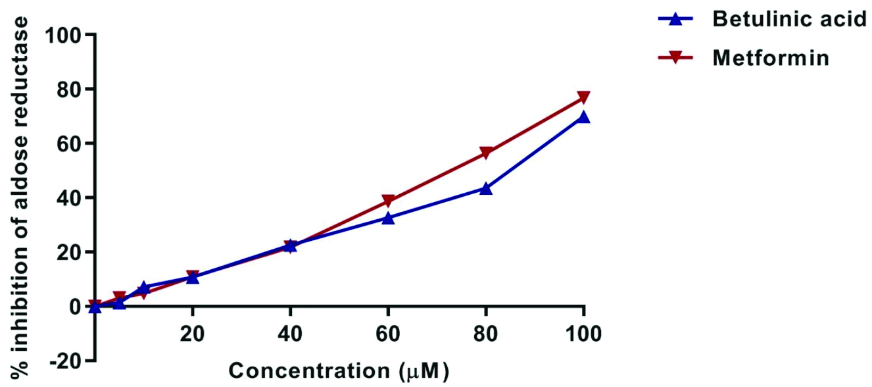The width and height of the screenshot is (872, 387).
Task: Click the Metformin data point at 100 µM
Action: (583, 98)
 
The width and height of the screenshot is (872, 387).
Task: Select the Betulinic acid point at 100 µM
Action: (583, 117)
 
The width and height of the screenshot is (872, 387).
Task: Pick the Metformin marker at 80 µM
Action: (486, 153)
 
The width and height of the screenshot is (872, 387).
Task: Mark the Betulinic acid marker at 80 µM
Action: (486, 188)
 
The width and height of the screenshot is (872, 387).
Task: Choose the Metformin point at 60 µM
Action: (388, 201)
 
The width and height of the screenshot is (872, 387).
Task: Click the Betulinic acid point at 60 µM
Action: (388, 217)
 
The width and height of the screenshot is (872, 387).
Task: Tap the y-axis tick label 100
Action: (62, 35)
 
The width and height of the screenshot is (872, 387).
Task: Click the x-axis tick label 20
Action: (192, 334)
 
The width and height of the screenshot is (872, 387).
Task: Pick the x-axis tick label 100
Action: (583, 334)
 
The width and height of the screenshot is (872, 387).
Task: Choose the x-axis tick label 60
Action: (388, 334)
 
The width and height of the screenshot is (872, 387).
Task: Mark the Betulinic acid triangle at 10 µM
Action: (143, 288)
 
